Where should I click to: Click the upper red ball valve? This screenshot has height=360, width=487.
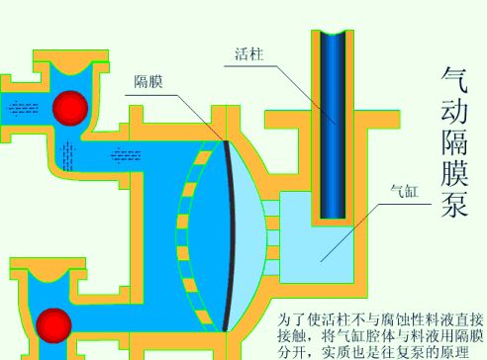70,109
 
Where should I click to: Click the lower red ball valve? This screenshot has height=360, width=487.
53,325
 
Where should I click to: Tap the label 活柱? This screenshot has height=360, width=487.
249,54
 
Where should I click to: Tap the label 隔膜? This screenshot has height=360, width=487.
148,81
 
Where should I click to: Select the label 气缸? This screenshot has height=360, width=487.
405,191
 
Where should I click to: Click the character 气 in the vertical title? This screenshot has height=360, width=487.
454,80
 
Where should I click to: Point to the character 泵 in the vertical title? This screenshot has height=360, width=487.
455,203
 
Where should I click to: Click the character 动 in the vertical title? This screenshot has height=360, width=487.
454,110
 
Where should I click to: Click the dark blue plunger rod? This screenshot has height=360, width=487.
333,126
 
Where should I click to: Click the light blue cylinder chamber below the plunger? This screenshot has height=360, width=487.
317,250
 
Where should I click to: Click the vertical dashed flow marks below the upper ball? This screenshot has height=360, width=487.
67,156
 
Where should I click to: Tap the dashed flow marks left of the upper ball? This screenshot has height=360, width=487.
23,108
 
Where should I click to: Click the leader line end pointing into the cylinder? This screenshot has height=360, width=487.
321,262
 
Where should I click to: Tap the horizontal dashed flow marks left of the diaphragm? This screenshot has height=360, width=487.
126,155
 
